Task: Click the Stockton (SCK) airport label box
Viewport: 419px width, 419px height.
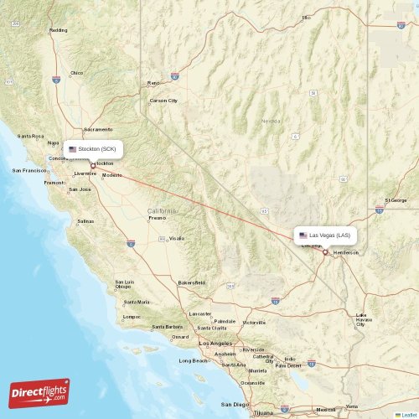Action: [93, 149]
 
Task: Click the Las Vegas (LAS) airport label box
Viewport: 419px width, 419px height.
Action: [328, 235]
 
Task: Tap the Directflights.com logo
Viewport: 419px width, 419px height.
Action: [39, 391]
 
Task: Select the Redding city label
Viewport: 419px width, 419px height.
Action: [59, 30]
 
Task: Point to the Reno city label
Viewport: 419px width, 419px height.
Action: [153, 83]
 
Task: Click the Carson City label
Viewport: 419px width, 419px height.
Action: [163, 101]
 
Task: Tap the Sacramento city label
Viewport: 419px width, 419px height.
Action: [98, 129]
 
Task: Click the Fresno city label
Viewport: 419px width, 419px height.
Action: [157, 218]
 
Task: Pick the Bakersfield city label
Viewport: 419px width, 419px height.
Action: [191, 282]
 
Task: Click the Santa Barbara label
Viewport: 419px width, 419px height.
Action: [167, 327]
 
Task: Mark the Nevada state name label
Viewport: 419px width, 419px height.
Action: [271, 121]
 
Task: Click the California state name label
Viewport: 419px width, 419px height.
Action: [162, 209]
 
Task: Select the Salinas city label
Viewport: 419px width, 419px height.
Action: [85, 221]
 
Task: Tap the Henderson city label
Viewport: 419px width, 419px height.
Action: [345, 252]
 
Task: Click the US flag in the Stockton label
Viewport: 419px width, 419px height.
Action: [73, 149]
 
